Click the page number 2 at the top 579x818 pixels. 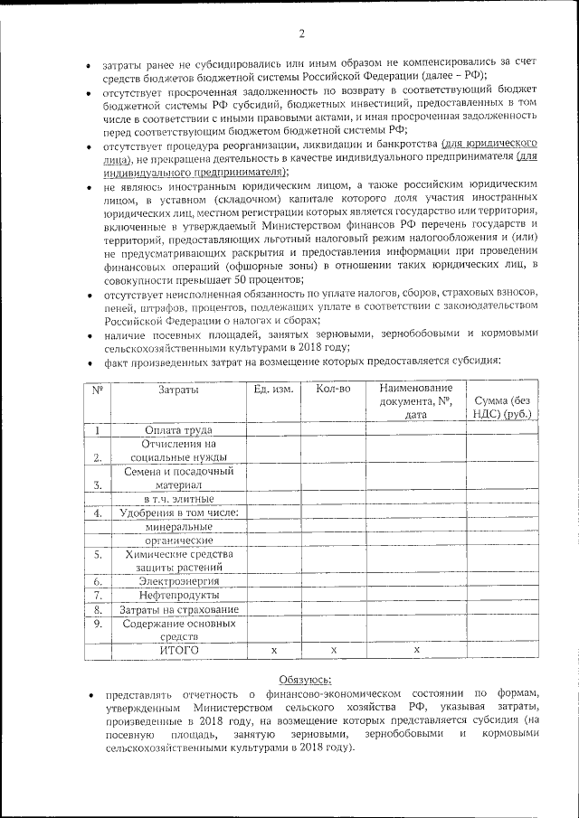(301, 34)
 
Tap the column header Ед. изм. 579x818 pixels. (273, 390)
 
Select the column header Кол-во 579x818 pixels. (333, 390)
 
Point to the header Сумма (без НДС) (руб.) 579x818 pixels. (502, 406)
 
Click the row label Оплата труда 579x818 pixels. (178, 430)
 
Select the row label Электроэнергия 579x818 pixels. (178, 580)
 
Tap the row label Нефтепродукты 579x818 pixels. (178, 595)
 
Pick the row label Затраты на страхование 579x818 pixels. (178, 609)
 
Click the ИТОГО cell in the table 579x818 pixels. (178, 650)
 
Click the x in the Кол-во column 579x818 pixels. (333, 650)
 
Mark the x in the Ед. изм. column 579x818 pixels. (273, 650)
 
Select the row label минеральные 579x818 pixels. (178, 526)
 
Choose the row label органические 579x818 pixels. (178, 540)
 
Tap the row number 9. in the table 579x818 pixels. (97, 623)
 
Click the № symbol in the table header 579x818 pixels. (97, 390)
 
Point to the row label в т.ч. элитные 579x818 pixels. (178, 498)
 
